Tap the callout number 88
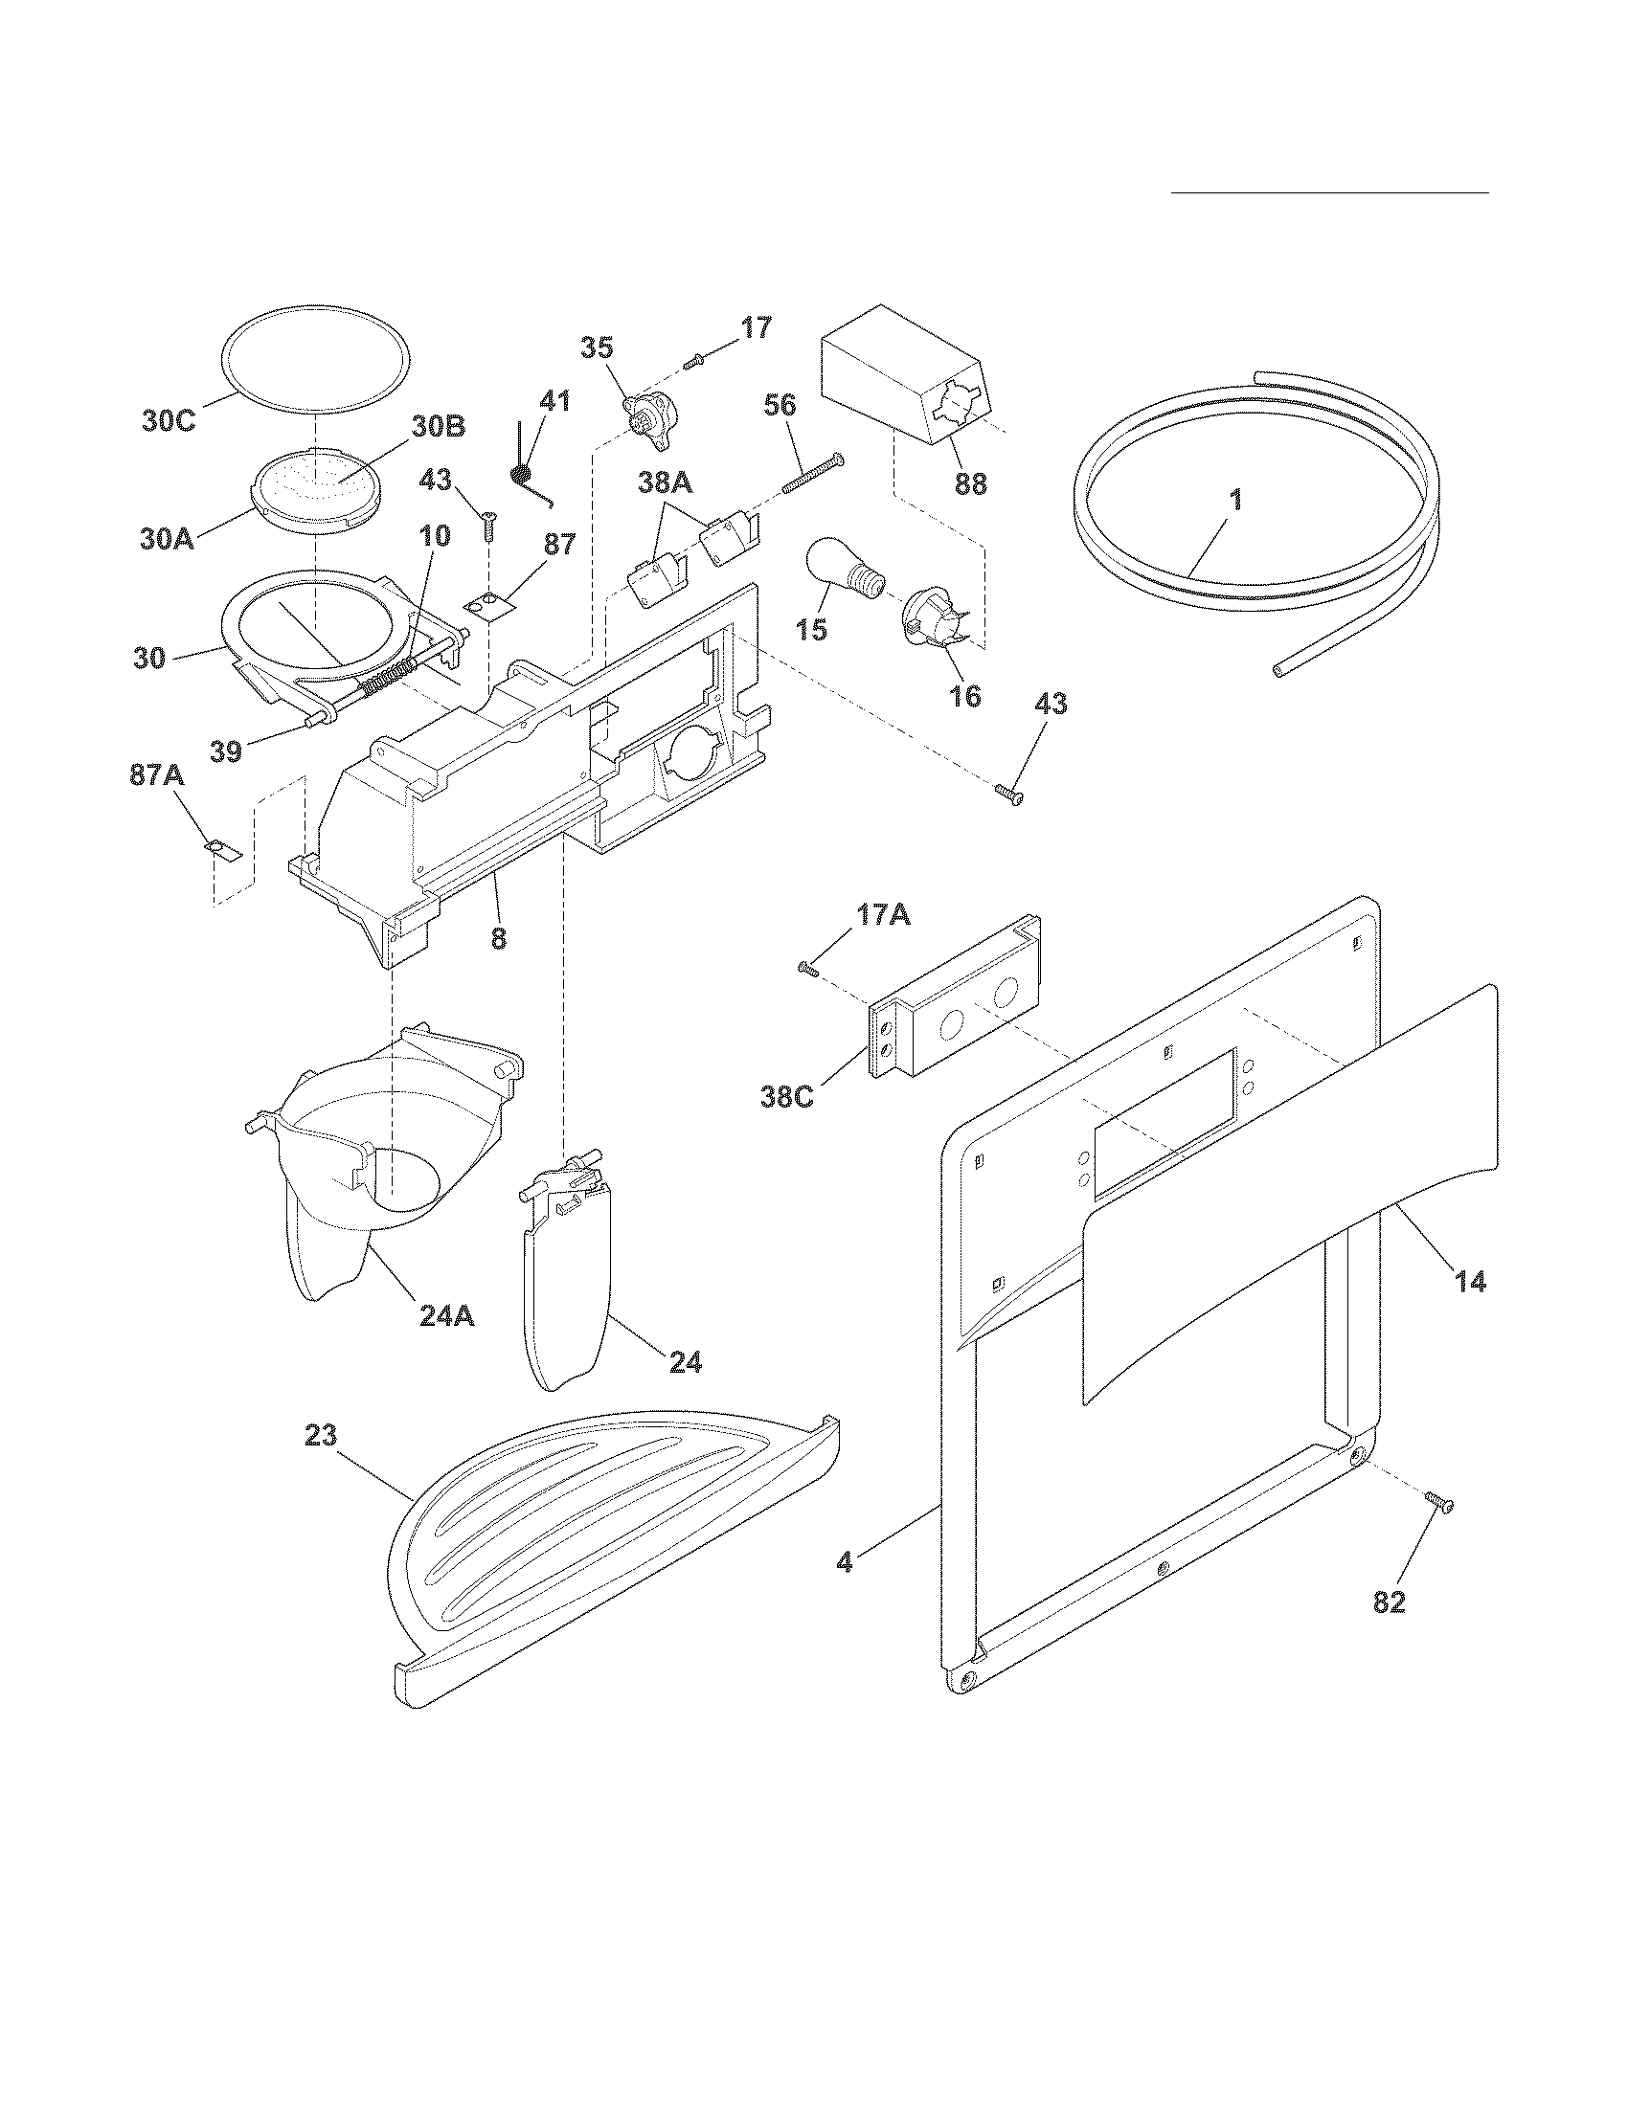pos(970,483)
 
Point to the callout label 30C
pos(170,421)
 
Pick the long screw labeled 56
pos(812,474)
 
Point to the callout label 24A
pos(446,1315)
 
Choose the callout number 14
pos(1470,1283)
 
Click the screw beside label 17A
pos(807,967)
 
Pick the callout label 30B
pos(439,426)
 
